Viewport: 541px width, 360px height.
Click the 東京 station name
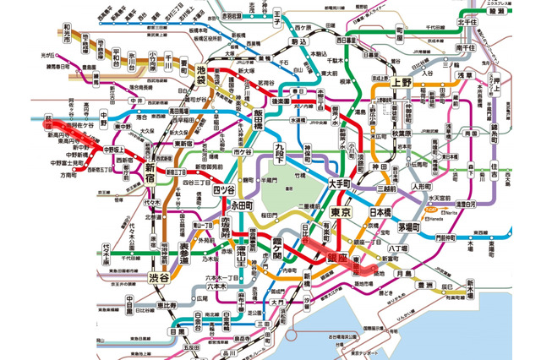(336, 210)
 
